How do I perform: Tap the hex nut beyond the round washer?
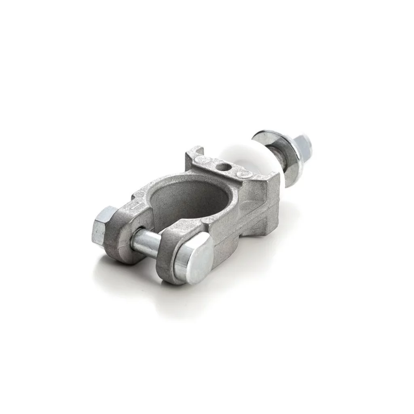(x=302, y=145)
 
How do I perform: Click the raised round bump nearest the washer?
(x=245, y=174)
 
